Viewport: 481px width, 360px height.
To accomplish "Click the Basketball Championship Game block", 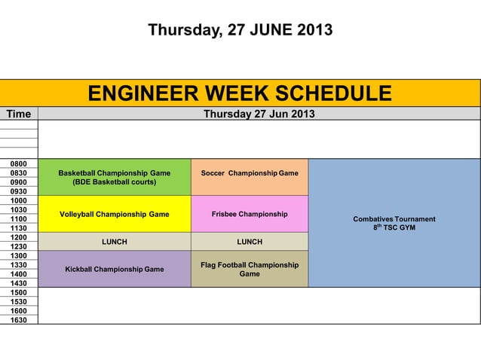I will tap(114, 177).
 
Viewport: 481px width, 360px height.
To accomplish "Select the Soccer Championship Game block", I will tap(250, 173).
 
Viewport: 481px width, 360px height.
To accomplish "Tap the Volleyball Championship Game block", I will tap(114, 214).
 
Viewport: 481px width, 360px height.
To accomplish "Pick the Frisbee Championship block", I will tap(250, 214).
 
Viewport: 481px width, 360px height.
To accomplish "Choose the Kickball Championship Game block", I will tap(114, 269).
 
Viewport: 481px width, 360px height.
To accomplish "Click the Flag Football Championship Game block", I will tap(250, 269).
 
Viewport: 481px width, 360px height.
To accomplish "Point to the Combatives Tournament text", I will tap(394, 219).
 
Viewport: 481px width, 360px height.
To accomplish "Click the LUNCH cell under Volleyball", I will tap(114, 242).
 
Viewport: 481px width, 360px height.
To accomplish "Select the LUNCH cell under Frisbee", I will tap(250, 242).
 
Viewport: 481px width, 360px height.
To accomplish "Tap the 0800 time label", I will tap(19, 163).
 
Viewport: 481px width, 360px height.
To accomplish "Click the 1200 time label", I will tap(19, 237).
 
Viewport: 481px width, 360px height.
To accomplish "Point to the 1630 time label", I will tap(19, 320).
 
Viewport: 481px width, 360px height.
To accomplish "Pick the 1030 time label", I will tap(19, 209).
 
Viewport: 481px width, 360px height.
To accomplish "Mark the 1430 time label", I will tap(19, 283).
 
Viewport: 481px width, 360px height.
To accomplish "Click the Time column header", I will tap(19, 114).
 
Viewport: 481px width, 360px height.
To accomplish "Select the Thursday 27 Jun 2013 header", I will tap(259, 114).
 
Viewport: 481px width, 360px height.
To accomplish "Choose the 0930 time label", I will tap(19, 191).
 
